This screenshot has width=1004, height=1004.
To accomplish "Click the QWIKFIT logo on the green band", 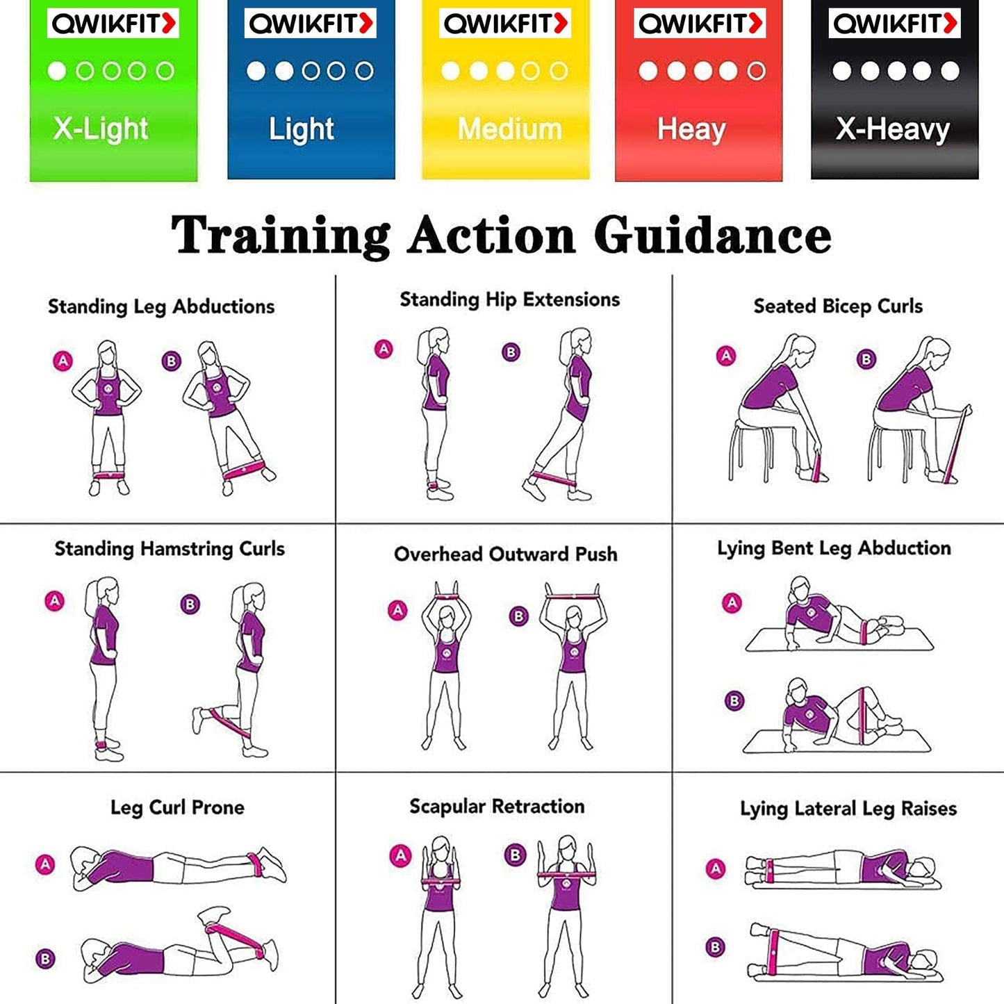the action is click(x=113, y=24).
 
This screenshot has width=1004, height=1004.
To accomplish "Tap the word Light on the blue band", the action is click(x=301, y=129).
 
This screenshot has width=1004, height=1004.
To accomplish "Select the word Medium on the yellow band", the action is click(x=509, y=129).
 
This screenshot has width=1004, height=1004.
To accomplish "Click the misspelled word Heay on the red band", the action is click(x=691, y=129).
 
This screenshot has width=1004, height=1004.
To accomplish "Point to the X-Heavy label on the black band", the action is click(x=893, y=129).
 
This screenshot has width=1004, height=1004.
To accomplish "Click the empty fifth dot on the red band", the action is click(x=756, y=71).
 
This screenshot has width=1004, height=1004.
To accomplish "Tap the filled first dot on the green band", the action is click(x=57, y=71).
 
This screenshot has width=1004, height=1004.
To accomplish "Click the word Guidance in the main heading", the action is click(x=712, y=236).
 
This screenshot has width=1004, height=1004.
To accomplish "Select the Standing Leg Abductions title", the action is click(x=161, y=306).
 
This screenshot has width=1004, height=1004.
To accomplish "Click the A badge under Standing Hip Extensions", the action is click(x=384, y=349).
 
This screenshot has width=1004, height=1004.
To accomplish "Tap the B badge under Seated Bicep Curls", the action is click(x=866, y=359).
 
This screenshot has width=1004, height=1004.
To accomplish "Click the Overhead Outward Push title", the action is click(x=505, y=554).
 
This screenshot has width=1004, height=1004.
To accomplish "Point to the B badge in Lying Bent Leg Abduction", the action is click(x=734, y=701).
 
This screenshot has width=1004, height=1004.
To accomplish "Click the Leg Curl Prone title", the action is click(x=177, y=807).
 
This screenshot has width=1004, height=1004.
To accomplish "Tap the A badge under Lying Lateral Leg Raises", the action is click(x=716, y=869).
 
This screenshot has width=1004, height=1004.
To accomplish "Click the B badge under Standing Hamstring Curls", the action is click(x=190, y=604).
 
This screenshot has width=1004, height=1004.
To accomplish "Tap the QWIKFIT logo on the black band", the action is click(x=895, y=24).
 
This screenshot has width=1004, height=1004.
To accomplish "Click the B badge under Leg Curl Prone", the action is click(x=45, y=959).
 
